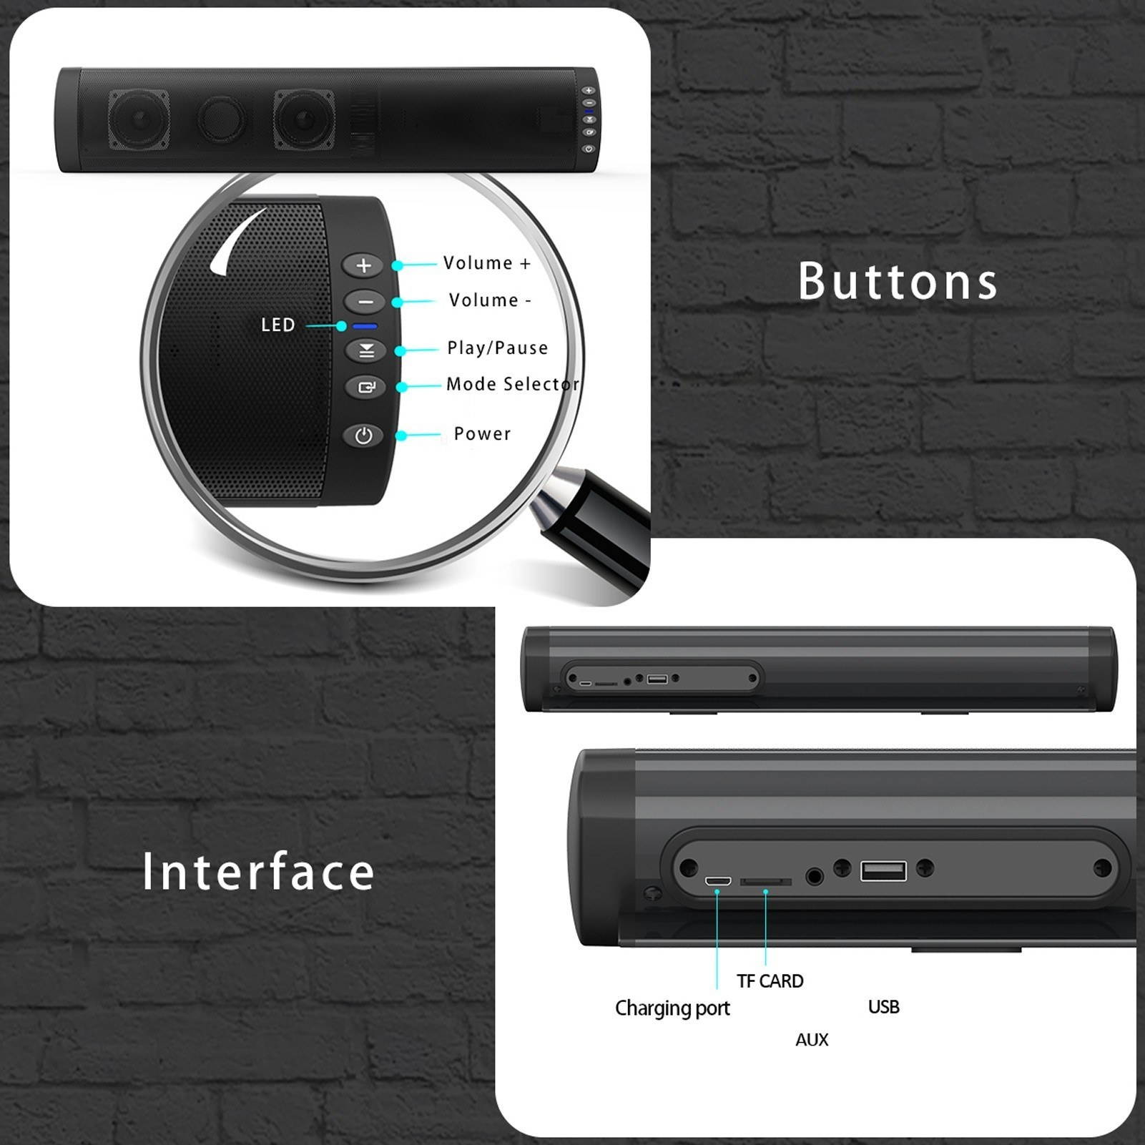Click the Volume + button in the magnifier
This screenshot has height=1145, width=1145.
[363, 265]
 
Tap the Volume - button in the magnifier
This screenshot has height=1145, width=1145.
[365, 302]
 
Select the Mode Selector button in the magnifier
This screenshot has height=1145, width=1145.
[365, 388]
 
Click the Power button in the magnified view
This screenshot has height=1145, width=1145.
[363, 436]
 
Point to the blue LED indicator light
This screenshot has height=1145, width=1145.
[365, 327]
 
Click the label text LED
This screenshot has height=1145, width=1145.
[278, 325]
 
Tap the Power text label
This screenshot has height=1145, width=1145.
[482, 434]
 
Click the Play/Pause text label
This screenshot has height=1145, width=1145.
[497, 348]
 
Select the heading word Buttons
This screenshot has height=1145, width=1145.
[898, 281]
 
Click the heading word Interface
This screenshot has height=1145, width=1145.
[258, 872]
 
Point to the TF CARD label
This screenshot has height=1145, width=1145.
[770, 981]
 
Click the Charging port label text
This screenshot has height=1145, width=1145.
[672, 1008]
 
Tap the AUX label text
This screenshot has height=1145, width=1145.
[812, 1040]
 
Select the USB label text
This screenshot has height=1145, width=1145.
[883, 1007]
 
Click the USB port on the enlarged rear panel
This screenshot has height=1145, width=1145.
[883, 870]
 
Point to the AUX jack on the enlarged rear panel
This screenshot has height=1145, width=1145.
[815, 876]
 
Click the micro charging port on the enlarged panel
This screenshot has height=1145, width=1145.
[717, 880]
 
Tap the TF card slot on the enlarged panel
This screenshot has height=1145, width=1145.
[765, 882]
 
